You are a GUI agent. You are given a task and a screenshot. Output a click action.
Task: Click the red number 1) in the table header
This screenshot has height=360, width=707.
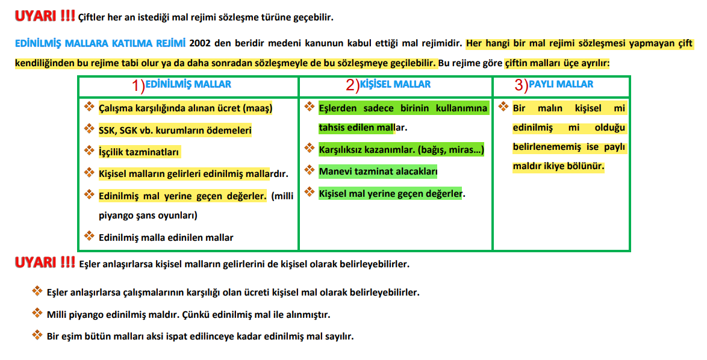(x=139, y=86)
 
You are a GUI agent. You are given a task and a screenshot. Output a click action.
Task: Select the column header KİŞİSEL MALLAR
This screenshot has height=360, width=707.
(x=395, y=85)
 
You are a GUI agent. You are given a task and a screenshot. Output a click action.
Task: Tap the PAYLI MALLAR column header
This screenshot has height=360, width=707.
(x=561, y=85)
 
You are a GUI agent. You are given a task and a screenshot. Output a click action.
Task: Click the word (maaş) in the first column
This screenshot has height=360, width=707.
(x=258, y=109)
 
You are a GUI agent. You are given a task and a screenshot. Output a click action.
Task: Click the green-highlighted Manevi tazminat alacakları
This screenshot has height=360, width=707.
(x=378, y=172)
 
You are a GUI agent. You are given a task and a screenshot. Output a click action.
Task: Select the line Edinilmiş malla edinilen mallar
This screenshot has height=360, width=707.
(x=166, y=238)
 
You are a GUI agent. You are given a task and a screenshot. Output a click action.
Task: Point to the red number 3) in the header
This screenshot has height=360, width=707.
(x=522, y=85)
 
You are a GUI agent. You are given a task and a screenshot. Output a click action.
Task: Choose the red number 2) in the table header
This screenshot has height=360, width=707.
(x=352, y=85)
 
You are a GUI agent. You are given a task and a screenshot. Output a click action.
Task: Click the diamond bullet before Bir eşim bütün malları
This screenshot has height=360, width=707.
(x=37, y=335)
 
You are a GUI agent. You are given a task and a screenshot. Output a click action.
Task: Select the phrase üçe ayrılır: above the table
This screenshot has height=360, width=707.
(x=584, y=63)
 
